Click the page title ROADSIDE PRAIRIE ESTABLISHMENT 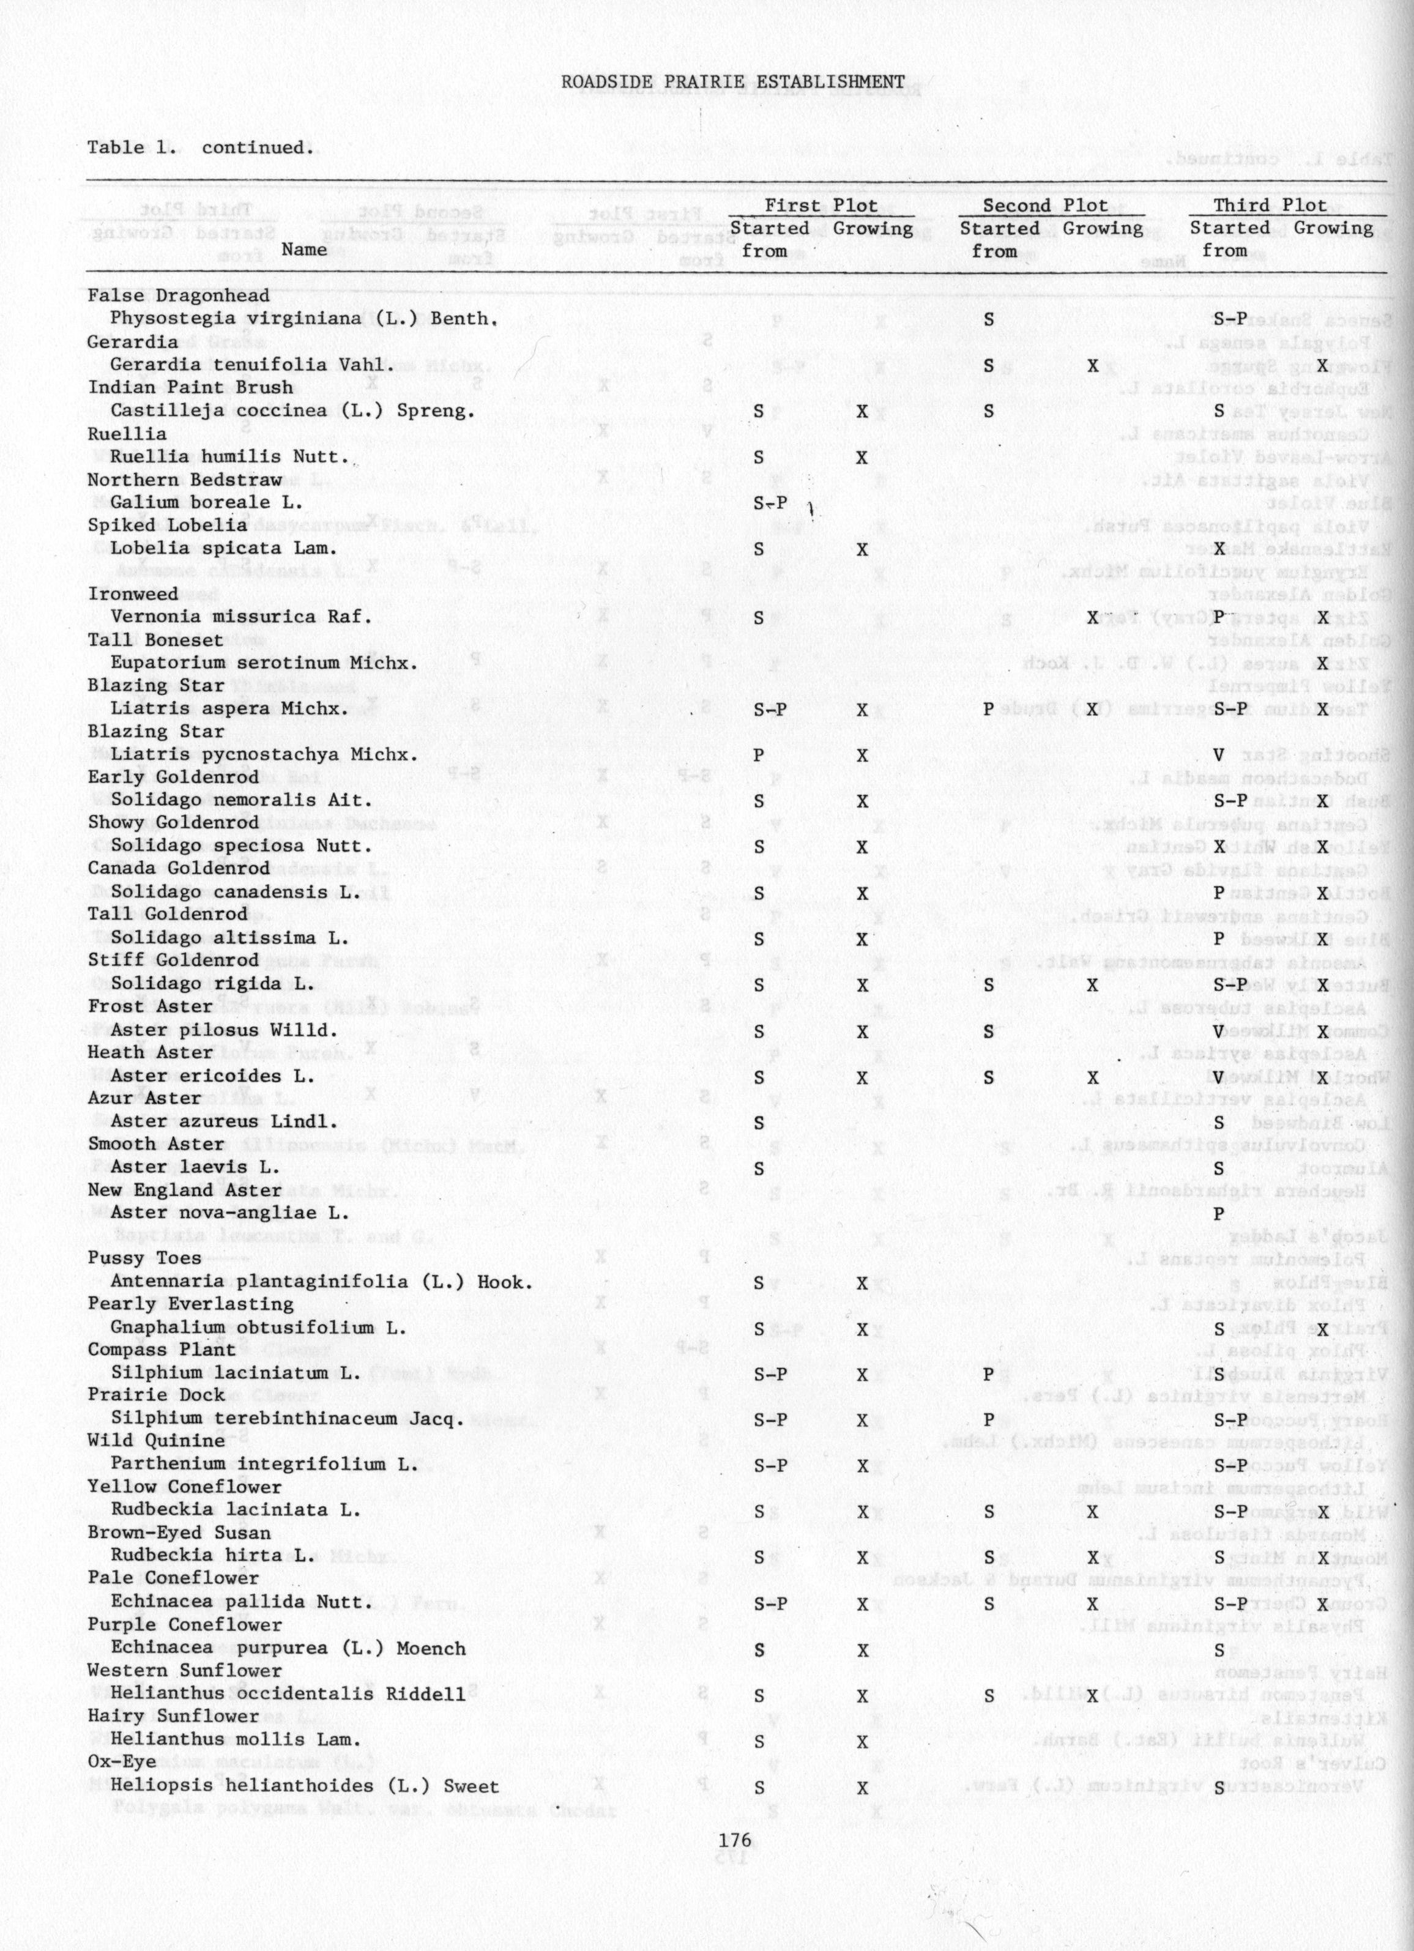733,82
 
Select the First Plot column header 820,206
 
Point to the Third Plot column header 1270,206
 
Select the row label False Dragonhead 178,296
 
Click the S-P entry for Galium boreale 770,504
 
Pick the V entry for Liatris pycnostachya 1218,756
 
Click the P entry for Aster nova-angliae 1218,1214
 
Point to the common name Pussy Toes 144,1258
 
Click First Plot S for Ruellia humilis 757,457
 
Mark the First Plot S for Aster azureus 757,1123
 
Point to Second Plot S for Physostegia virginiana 988,319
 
